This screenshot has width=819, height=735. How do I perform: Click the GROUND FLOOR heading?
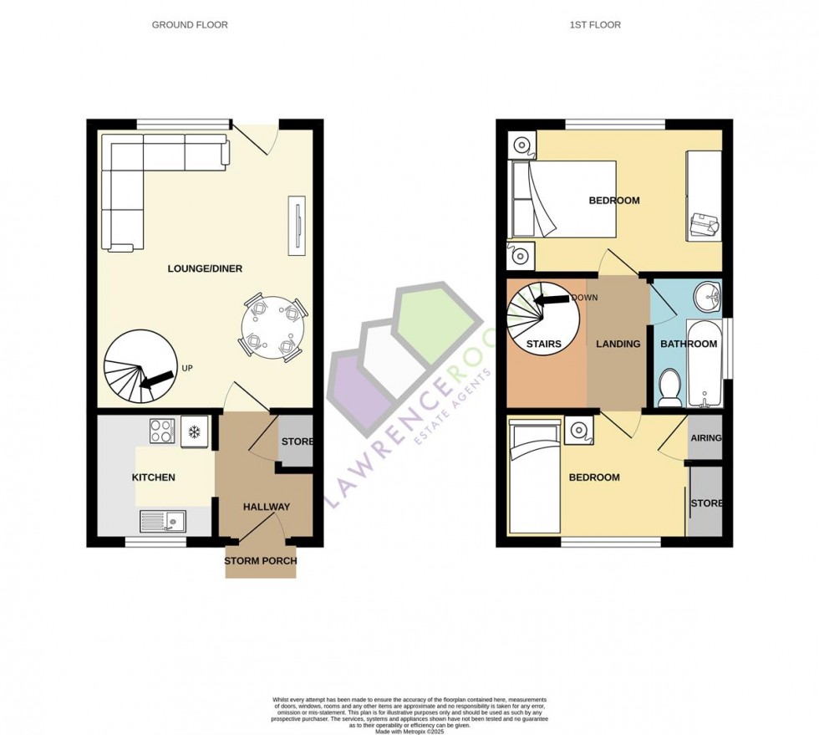(190, 25)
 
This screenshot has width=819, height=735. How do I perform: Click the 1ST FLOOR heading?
(595, 25)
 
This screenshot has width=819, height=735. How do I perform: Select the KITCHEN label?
(154, 477)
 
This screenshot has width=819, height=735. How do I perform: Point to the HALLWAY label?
(267, 507)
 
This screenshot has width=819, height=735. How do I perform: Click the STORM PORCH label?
(261, 561)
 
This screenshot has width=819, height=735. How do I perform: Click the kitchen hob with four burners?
(161, 431)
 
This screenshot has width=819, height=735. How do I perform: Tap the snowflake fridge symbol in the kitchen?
(194, 431)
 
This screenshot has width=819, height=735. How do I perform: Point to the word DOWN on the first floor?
(586, 298)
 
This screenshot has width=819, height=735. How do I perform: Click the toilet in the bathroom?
(670, 390)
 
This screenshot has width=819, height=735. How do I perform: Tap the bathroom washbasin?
(710, 295)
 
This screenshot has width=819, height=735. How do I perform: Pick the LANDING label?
(618, 344)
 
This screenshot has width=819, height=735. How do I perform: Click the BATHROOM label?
(689, 344)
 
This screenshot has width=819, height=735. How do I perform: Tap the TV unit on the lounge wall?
(296, 226)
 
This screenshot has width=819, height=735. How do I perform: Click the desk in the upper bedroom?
(703, 197)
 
